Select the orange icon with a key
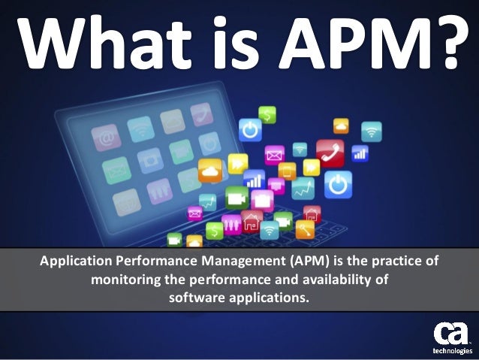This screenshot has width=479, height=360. [x=304, y=229]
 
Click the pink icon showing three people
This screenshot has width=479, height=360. [x=232, y=222]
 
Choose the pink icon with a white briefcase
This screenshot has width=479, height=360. [x=262, y=199]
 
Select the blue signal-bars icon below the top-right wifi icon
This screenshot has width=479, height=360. [x=360, y=153]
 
